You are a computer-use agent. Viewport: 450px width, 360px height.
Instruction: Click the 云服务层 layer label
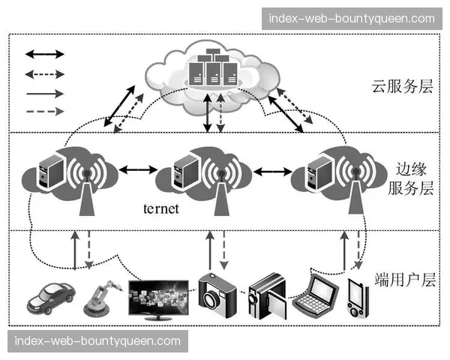pyautogui.click(x=403, y=86)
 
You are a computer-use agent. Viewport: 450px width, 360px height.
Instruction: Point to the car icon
pyautogui.click(x=50, y=298)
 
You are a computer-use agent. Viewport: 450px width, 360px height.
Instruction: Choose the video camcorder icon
pyautogui.click(x=267, y=295)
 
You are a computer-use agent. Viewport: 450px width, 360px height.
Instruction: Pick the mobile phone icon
pyautogui.click(x=357, y=298)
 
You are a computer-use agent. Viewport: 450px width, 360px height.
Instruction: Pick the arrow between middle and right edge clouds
pyautogui.click(x=271, y=170)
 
